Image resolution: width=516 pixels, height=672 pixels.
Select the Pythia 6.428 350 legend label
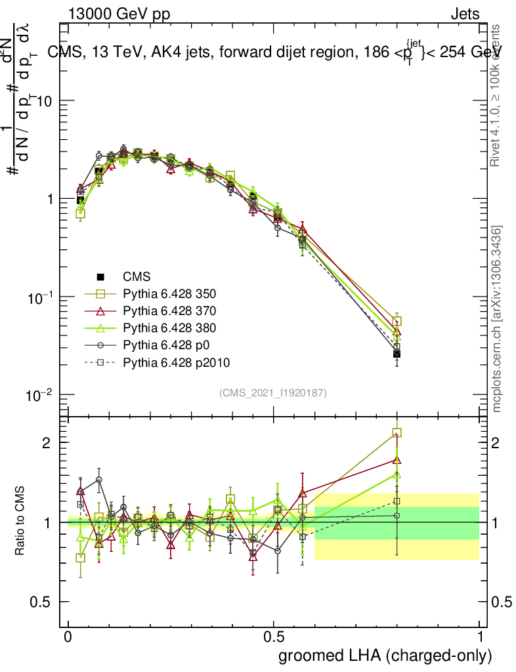point(170,294)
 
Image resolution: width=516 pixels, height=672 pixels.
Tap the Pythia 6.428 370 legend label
point(170,311)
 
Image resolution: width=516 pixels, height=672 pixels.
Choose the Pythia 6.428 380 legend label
point(170,328)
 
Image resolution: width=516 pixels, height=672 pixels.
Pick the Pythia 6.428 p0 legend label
point(165,345)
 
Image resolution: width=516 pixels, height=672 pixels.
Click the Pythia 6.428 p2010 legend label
point(176,362)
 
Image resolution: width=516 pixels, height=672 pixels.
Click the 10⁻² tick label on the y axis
point(41,395)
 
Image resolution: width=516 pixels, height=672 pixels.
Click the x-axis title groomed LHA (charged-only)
point(386,656)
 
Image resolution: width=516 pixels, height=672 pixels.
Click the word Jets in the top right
point(465,14)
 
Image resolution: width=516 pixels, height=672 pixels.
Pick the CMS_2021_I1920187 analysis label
point(273,392)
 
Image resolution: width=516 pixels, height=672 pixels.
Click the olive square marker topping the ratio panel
point(397,433)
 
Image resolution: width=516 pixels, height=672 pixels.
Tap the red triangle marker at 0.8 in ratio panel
point(397,460)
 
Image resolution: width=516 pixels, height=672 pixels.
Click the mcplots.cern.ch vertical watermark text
point(498,318)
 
